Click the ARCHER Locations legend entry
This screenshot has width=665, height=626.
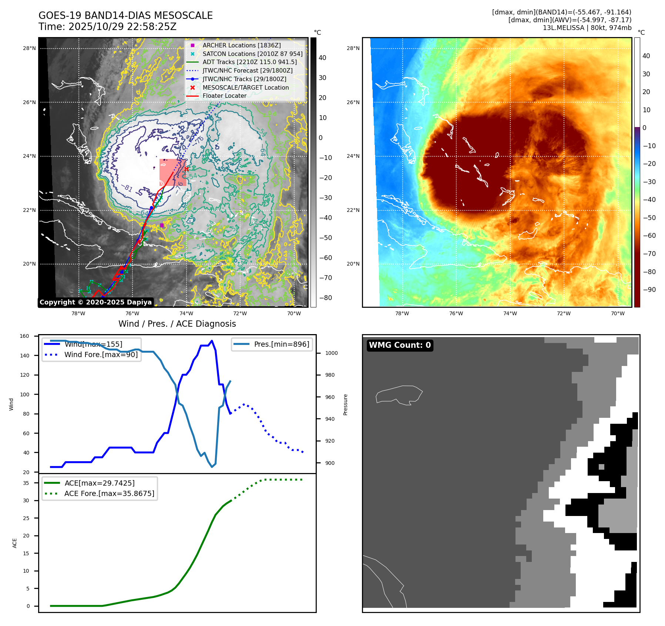pos(241,45)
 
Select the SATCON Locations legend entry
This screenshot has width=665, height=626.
pos(252,54)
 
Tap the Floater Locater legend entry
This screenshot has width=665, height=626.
pos(224,96)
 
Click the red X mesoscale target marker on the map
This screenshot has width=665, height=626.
pos(187,169)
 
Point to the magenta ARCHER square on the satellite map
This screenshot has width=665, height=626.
pos(162,225)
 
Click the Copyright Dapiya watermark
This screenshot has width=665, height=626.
pos(95,302)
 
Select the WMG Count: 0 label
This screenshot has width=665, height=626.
pos(400,345)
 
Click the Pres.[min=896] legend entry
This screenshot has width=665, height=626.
pos(281,344)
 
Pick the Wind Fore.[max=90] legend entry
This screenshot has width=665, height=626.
pos(101,354)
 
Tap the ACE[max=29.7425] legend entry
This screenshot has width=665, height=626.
pos(99,483)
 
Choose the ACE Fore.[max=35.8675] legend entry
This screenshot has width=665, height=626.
pos(109,493)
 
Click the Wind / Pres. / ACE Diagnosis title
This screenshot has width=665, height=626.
pos(177,324)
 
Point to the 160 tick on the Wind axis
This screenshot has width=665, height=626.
pos(24,336)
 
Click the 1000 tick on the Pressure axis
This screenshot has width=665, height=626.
pos(331,353)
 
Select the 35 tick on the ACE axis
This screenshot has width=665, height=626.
pos(26,483)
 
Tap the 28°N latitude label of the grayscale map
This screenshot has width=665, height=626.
pos(29,48)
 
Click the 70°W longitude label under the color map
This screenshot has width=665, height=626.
pos(617,313)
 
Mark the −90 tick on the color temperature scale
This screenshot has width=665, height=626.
pos(649,290)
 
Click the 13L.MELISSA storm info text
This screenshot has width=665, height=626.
pos(587,28)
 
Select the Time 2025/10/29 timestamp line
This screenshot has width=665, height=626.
pos(107,27)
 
